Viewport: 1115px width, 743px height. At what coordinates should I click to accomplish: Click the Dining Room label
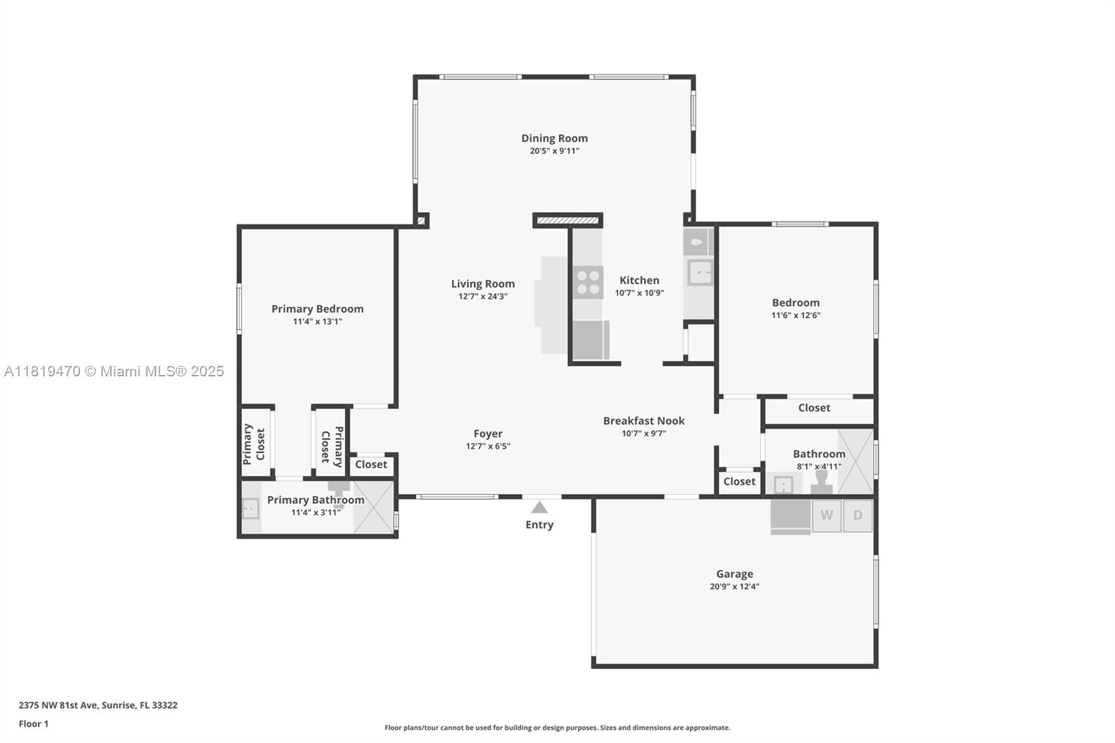pos(554,139)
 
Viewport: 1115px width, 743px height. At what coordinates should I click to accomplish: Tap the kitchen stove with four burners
pos(588,282)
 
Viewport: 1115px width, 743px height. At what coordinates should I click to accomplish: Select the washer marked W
pos(826,515)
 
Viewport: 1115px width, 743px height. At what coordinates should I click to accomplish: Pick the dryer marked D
pos(858,515)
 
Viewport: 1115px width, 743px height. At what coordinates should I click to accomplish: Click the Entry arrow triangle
pos(539,507)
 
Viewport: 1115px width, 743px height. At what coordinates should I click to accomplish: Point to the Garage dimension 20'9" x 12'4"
pos(735,587)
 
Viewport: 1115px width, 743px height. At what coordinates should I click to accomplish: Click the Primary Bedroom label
pos(317,309)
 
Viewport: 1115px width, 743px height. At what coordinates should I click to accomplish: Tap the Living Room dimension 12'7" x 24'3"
pos(483,296)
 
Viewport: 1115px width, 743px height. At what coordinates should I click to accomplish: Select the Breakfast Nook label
pos(644,421)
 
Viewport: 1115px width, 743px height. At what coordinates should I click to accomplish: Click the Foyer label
pos(488,434)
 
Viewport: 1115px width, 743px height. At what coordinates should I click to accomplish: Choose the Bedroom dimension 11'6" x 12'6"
pos(795,315)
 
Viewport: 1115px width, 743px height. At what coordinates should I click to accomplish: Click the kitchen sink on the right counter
pos(700,273)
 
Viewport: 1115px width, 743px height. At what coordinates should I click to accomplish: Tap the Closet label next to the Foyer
pos(371,465)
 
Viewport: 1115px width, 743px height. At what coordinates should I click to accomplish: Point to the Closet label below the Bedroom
pos(814,408)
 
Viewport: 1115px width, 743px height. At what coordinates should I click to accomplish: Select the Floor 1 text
pos(33,724)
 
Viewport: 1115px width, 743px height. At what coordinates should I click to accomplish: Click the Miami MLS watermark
pos(114,371)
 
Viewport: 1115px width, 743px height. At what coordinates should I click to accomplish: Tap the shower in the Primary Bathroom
pos(374,507)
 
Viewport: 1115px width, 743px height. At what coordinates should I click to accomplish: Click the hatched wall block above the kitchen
pos(567,221)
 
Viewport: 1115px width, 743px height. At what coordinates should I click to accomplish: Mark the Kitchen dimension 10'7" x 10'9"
pos(639,293)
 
